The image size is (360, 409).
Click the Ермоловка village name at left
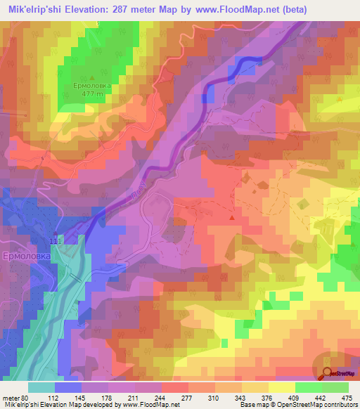click(25, 257)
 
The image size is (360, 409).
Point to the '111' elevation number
click(56, 241)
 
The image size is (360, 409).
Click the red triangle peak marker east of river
click(232, 218)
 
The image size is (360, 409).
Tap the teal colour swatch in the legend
click(41, 387)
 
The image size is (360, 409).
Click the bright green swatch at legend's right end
click(335, 387)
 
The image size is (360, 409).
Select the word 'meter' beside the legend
click(8, 397)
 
